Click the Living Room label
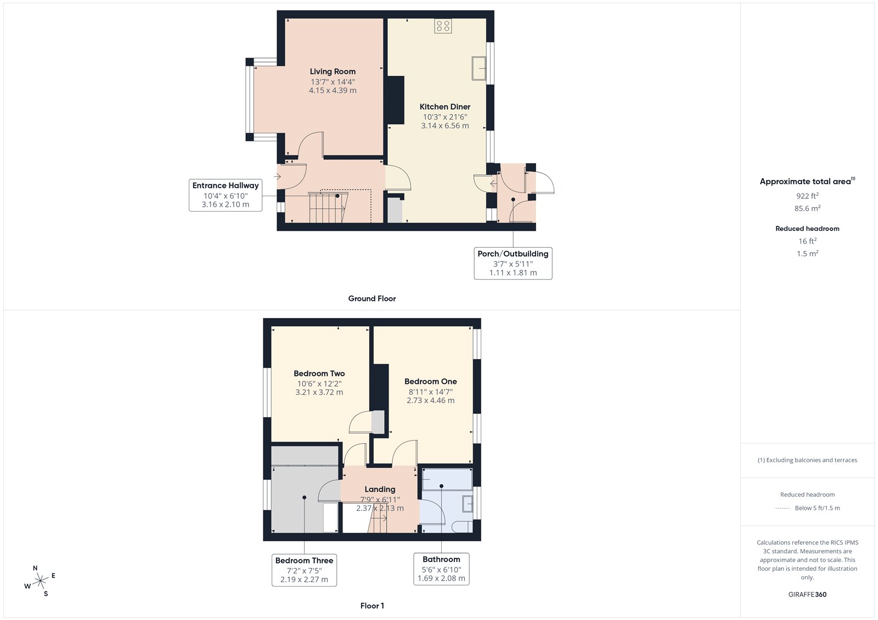[x=333, y=71]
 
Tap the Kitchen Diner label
[x=444, y=107]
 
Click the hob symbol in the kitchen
[x=443, y=26]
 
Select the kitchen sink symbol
[x=479, y=69]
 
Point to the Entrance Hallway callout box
[x=225, y=195]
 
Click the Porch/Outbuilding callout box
[x=513, y=263]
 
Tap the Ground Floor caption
[x=372, y=299]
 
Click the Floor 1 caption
[x=372, y=606]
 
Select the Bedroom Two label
[x=319, y=373]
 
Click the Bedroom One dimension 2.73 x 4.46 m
[x=430, y=401]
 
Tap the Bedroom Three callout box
[x=304, y=570]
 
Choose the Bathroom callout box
[x=441, y=569]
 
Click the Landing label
[x=380, y=490]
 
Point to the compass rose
[x=41, y=581]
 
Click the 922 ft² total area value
[x=807, y=196]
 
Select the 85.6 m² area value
[x=807, y=208]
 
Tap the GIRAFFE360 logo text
[x=807, y=594]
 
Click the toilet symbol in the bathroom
[x=463, y=527]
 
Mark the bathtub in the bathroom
[x=447, y=479]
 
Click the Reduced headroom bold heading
[x=807, y=229]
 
